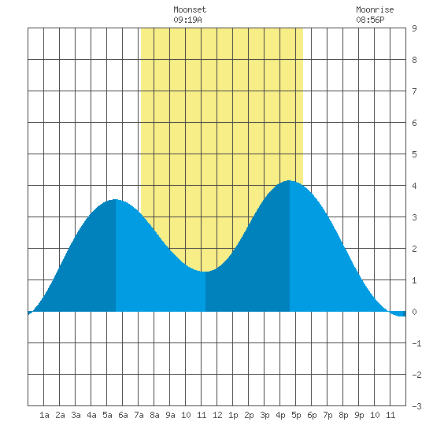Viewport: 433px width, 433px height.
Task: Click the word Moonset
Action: click(190, 9)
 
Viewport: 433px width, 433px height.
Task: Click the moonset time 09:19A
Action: click(188, 20)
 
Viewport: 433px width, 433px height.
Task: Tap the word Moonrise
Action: click(375, 9)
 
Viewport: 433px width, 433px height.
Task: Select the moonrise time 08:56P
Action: click(370, 20)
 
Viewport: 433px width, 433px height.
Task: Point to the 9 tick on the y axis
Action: click(414, 28)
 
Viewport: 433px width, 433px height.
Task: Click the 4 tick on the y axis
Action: click(414, 186)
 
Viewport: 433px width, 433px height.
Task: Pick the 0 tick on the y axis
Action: click(414, 312)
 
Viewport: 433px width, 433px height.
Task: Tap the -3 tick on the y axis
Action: click(416, 406)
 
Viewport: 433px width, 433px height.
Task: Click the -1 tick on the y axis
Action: click(416, 343)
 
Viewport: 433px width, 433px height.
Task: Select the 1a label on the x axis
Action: click(44, 415)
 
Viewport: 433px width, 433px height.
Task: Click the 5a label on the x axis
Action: click(107, 415)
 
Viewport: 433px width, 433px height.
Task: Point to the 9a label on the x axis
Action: click(170, 415)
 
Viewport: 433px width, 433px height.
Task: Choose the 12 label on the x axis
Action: click(217, 415)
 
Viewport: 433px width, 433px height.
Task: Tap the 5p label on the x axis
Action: click(296, 415)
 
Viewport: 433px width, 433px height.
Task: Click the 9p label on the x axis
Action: click(359, 415)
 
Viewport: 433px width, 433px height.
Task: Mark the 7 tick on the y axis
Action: click(414, 91)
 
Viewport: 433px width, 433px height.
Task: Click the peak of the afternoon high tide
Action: click(289, 180)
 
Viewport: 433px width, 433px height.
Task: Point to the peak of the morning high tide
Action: click(115, 199)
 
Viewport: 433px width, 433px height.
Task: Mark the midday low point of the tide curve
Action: click(205, 272)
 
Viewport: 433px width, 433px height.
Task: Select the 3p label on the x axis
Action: click(265, 415)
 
